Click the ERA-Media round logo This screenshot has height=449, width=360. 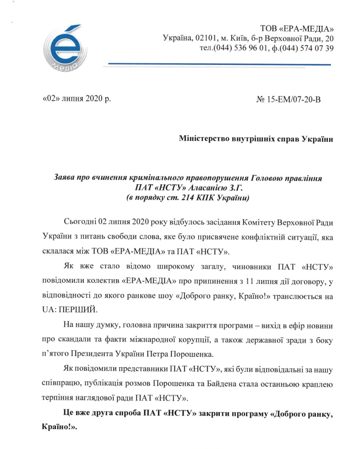click(62, 48)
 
